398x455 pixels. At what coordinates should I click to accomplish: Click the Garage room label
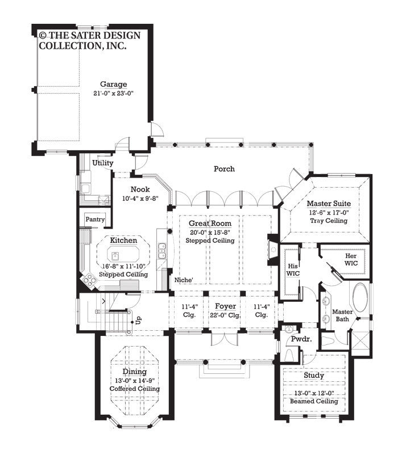tap(114, 85)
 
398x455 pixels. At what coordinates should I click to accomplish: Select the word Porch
tap(224, 168)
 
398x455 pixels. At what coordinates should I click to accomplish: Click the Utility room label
tap(103, 163)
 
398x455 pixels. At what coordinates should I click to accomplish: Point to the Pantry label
tap(95, 219)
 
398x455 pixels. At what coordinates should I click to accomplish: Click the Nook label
tap(140, 189)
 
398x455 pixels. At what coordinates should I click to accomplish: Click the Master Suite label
tap(329, 203)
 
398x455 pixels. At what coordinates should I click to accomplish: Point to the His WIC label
tap(292, 269)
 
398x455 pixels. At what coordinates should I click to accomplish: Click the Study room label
tap(313, 376)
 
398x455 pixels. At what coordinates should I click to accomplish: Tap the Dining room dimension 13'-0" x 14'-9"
tap(135, 381)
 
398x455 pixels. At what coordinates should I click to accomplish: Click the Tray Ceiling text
tap(329, 220)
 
